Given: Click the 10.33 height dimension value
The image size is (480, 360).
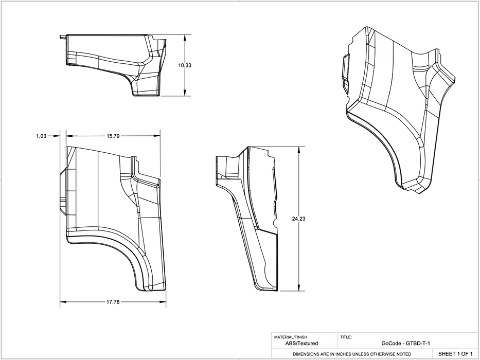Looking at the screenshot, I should point(184,65).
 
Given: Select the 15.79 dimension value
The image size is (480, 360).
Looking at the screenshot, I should point(113,136).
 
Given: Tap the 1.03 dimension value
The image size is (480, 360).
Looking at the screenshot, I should point(42,136).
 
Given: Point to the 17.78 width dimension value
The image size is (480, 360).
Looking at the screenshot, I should point(113,302).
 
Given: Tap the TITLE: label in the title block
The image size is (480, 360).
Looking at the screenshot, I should point(346,337).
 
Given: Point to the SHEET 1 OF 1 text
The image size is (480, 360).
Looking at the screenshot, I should point(455,354).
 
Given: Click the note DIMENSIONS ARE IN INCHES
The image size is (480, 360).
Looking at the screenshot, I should point(352,354).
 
